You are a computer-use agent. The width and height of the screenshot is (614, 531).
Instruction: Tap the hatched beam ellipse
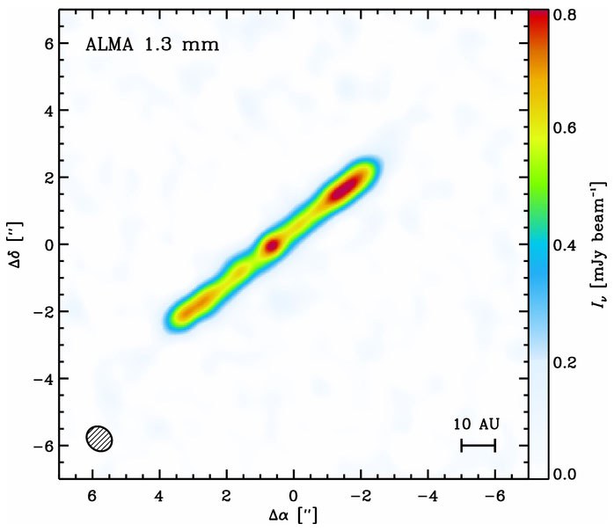(x=99, y=438)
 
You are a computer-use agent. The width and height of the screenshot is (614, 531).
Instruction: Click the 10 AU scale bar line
(x=479, y=446)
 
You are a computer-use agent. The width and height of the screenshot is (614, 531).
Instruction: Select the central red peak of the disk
(x=272, y=245)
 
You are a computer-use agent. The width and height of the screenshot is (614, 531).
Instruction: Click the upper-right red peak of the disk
(x=345, y=187)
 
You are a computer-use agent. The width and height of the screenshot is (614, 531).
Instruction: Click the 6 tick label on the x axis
(x=92, y=495)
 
